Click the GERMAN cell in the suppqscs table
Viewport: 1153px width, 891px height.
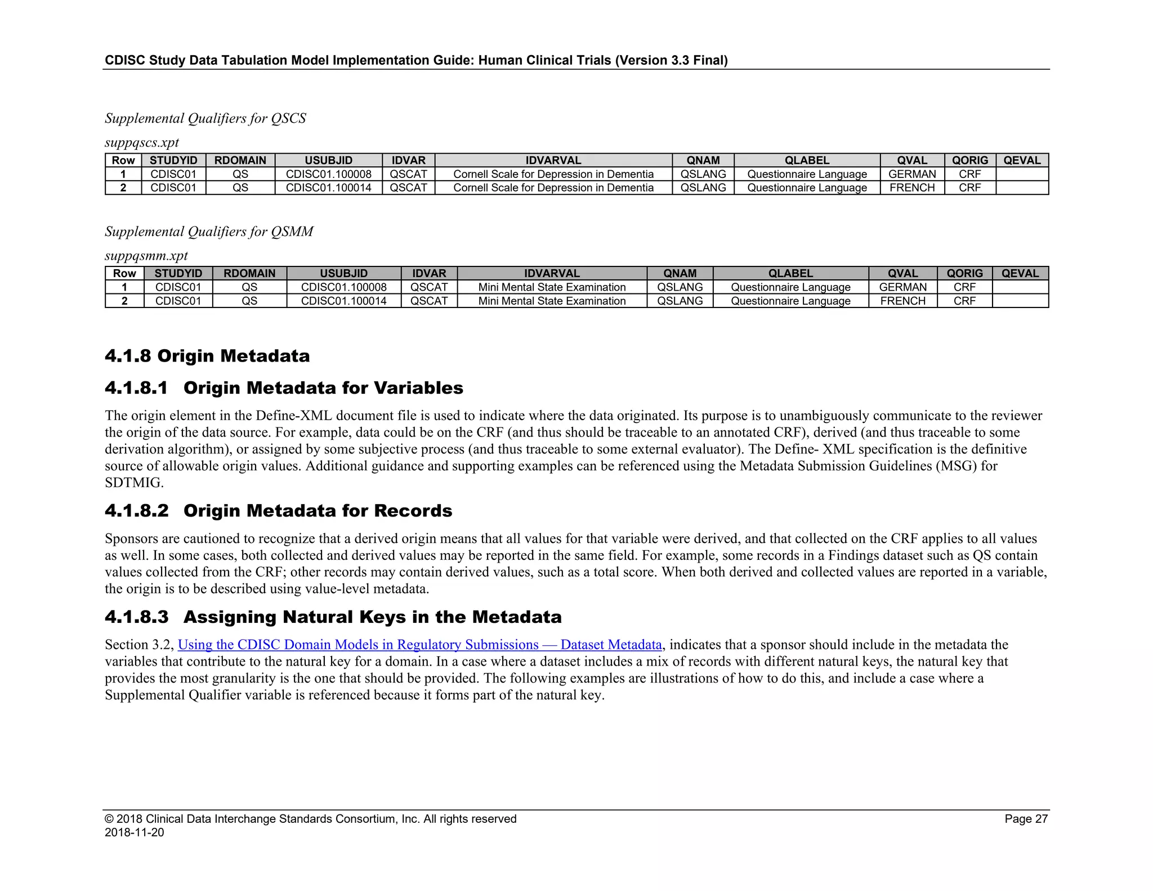pos(912,174)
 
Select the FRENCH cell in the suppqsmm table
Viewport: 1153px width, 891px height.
pos(902,301)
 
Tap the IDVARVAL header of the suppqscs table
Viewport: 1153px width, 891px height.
pos(553,161)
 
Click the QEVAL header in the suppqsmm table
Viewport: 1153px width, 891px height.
pos(1020,273)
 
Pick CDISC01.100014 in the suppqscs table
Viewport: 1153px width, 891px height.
pos(328,188)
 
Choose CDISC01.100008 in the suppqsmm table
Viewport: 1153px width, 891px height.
pos(343,287)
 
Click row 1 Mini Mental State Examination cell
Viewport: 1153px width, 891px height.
pos(552,287)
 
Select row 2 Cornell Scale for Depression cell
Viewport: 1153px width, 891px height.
pos(553,188)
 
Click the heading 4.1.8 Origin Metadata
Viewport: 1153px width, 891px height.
pos(207,356)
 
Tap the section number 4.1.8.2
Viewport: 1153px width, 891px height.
pos(137,511)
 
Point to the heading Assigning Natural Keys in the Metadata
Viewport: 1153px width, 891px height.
pos(372,617)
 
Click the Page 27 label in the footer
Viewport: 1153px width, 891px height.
pos(1026,819)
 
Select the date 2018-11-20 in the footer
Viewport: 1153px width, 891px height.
pos(135,832)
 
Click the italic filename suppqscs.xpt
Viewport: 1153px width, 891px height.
pos(142,142)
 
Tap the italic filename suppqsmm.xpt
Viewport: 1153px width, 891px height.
pos(146,256)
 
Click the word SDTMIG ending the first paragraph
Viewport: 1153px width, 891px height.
pos(133,483)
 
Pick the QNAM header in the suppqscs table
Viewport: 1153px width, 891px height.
pos(703,161)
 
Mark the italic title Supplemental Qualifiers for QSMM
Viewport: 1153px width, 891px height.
pos(209,231)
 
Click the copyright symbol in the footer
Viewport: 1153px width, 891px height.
pos(109,819)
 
